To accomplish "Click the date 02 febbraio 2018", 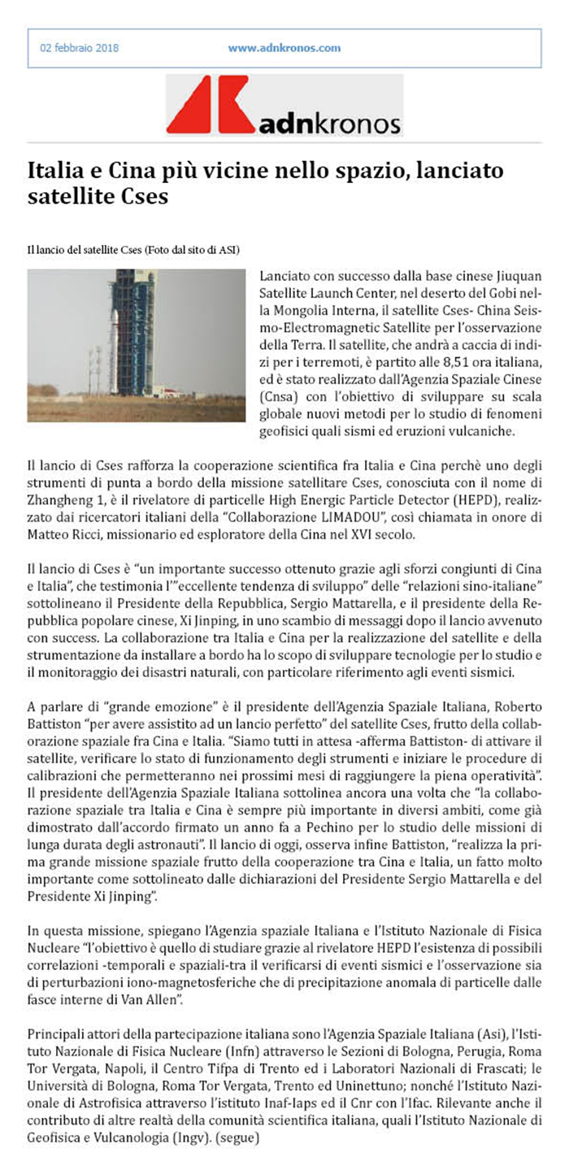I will pyautogui.click(x=80, y=48).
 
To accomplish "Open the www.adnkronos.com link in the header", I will pyautogui.click(x=284, y=48).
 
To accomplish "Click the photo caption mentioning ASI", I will pyautogui.click(x=134, y=247).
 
